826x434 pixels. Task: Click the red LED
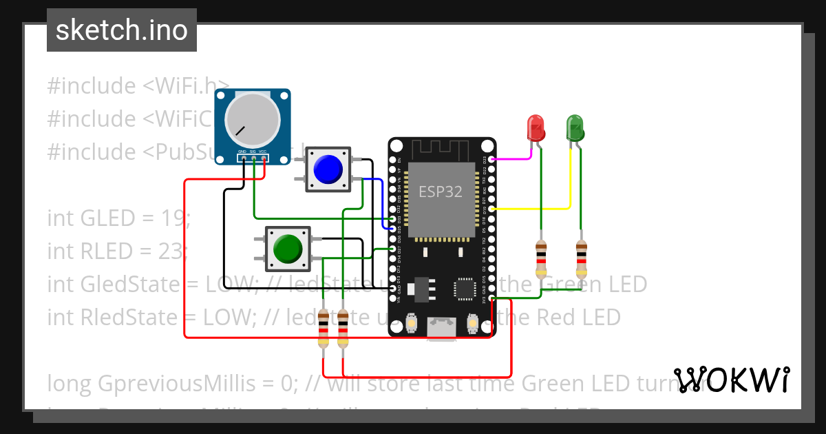(536, 128)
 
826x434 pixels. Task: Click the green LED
(575, 128)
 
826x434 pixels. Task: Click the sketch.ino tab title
(122, 30)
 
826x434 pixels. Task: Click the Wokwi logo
(732, 380)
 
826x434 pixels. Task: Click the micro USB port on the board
(441, 329)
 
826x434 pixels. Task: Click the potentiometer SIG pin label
(253, 151)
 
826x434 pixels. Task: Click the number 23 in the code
(169, 251)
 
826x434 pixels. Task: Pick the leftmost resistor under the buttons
(322, 333)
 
